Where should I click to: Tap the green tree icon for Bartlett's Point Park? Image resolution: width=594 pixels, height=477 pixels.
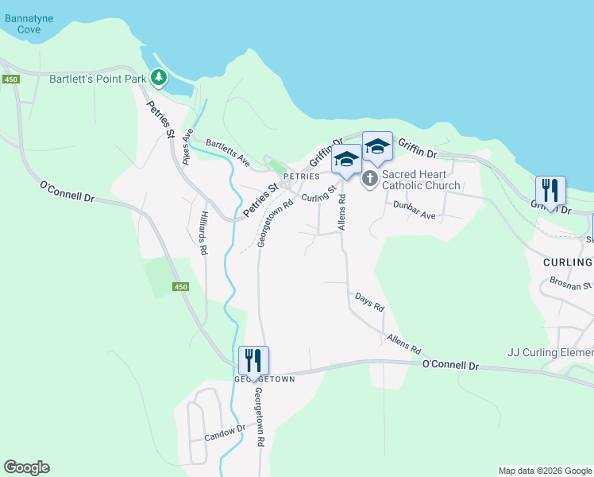click(x=160, y=78)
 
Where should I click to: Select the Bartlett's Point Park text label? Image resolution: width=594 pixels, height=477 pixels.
click(x=98, y=78)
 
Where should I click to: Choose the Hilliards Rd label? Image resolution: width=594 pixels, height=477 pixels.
click(x=203, y=233)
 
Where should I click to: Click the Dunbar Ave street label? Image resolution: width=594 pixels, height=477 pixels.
click(x=415, y=210)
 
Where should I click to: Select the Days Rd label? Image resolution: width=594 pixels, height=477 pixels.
click(x=370, y=301)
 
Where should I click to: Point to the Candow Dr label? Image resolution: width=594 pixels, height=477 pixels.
click(x=225, y=433)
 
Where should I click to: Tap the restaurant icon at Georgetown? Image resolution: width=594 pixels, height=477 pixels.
click(x=254, y=360)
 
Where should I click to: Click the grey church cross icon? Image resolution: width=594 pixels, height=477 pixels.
click(x=370, y=180)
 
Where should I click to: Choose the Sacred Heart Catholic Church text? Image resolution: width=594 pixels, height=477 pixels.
click(x=421, y=180)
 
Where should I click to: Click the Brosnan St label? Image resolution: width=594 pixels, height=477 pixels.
click(x=571, y=283)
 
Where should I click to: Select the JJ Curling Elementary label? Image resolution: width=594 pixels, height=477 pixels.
click(x=550, y=352)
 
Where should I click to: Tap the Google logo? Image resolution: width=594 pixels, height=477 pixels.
click(x=26, y=467)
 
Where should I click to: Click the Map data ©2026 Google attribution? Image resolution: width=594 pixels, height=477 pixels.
click(x=545, y=471)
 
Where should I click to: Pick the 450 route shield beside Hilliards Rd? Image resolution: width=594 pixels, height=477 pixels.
click(x=180, y=287)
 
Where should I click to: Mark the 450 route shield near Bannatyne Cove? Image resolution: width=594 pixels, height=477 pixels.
click(x=10, y=79)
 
